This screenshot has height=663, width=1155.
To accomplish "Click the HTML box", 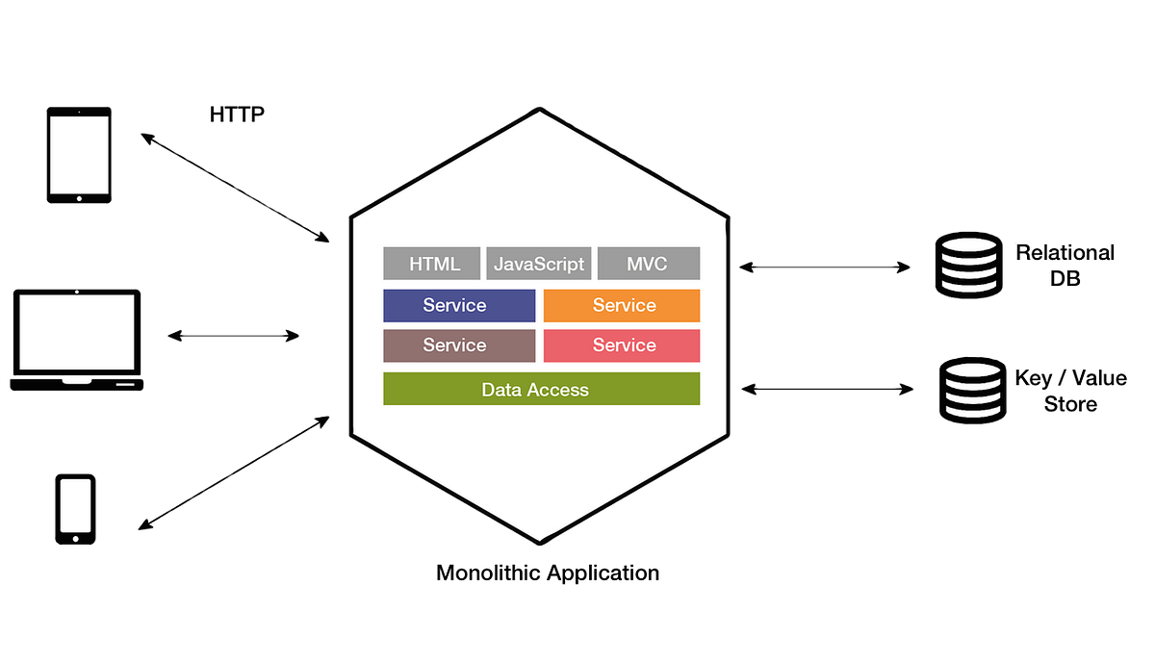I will point(434,264).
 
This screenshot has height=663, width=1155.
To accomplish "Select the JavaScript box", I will point(539,264).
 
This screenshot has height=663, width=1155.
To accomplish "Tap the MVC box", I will point(648,264).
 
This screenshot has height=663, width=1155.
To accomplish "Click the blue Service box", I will point(459,306).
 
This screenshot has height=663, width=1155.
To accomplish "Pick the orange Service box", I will point(622,306).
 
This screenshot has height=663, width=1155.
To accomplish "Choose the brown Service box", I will point(459,345).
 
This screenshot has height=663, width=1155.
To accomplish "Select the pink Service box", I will point(622,345).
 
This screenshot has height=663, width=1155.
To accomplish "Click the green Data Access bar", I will point(541,389).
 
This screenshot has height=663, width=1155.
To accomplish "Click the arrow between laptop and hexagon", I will point(234,336).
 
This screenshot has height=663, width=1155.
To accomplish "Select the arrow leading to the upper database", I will point(825,267).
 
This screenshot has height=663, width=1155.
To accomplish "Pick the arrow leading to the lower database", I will point(825,388).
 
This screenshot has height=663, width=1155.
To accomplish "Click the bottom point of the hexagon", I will point(540,540).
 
